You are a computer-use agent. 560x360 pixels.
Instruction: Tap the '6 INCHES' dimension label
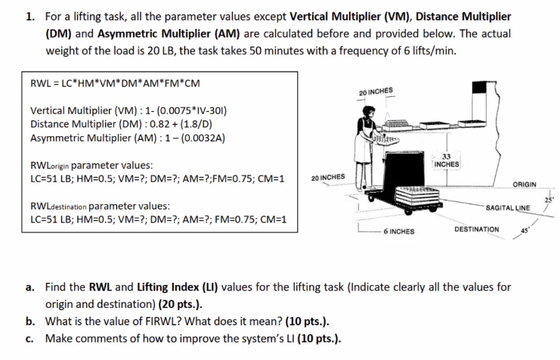(x=398, y=231)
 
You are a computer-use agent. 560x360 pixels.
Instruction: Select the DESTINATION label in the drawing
(x=475, y=228)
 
